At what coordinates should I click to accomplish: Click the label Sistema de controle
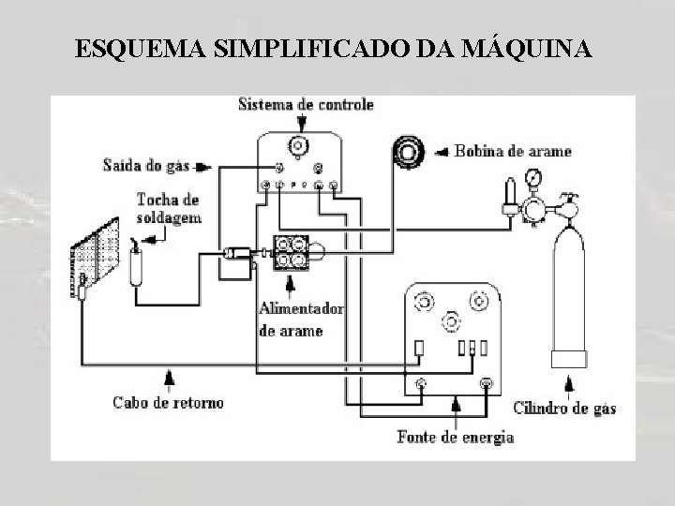pos(306,104)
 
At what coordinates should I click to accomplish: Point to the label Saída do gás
pos(146,166)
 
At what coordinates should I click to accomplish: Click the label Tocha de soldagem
pos(168,208)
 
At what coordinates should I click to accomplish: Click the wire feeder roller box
pos(291,251)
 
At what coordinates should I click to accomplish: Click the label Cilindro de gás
pos(564,408)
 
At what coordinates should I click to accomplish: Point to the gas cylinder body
pos(568,290)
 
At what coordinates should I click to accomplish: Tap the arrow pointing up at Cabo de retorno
pos(170,379)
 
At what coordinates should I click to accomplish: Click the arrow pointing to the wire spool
pos(442,150)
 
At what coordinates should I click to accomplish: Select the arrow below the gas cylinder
pos(569,384)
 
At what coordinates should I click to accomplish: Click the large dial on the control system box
pos(299,145)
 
